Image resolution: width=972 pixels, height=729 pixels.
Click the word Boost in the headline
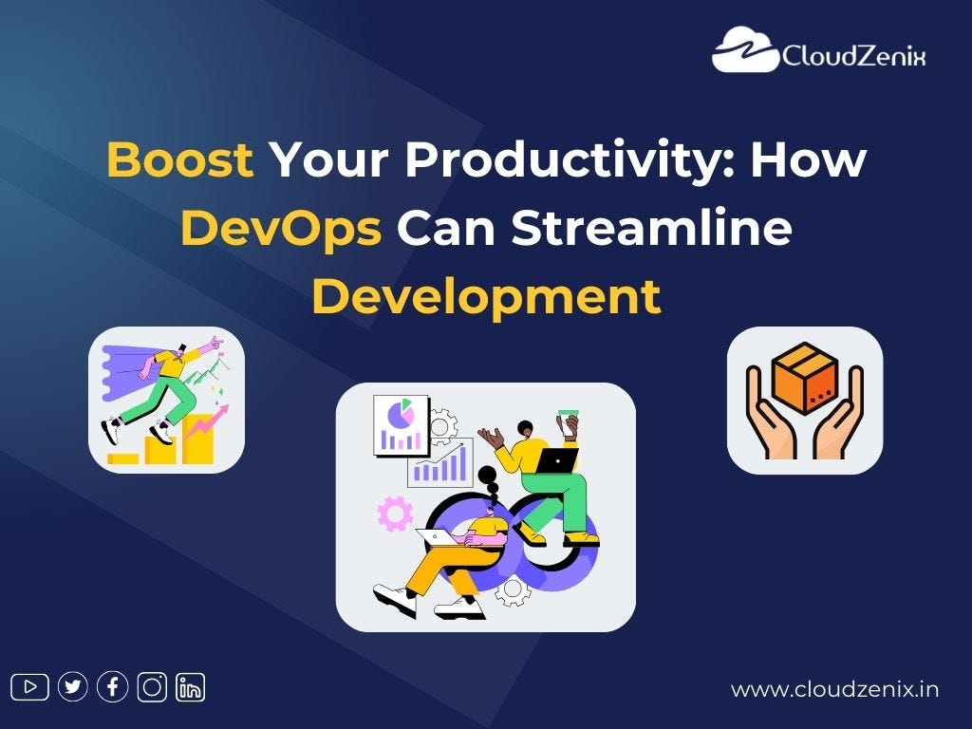click(x=179, y=160)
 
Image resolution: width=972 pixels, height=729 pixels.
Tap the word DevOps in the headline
click(x=281, y=229)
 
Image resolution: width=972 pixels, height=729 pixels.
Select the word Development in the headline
click(x=485, y=296)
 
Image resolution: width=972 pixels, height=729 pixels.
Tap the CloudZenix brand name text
click(x=852, y=56)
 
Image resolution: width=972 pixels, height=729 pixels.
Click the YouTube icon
click(x=29, y=686)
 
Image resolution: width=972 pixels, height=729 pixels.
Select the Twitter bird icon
click(x=72, y=686)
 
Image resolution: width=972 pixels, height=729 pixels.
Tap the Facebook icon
click(x=112, y=686)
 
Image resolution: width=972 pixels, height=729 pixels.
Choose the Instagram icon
click(x=152, y=686)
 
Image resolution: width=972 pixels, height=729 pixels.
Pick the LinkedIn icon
click(x=191, y=686)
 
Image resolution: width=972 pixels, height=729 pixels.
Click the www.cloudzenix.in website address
click(x=834, y=689)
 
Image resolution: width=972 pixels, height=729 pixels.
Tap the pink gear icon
click(x=395, y=512)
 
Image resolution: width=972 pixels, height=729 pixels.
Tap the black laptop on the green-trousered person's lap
click(x=558, y=460)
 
